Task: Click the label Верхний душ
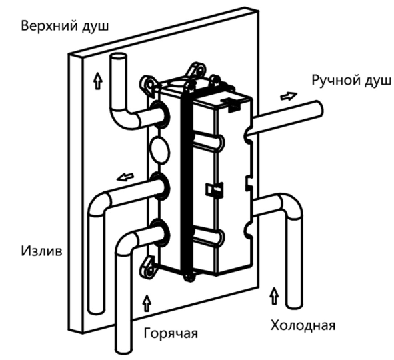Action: click(x=65, y=26)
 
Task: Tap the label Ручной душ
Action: click(x=351, y=81)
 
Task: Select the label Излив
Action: click(x=41, y=251)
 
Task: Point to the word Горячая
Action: click(x=171, y=333)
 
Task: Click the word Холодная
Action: click(x=303, y=325)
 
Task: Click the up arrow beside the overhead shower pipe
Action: click(x=98, y=80)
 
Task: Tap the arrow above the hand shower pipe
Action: click(x=289, y=96)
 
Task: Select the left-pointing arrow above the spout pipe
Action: click(x=125, y=177)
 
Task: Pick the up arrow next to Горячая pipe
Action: click(x=147, y=303)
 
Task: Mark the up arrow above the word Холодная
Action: click(x=275, y=296)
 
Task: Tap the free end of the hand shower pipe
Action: click(x=319, y=108)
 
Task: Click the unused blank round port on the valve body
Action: click(x=160, y=150)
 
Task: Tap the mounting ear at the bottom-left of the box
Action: click(x=148, y=267)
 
